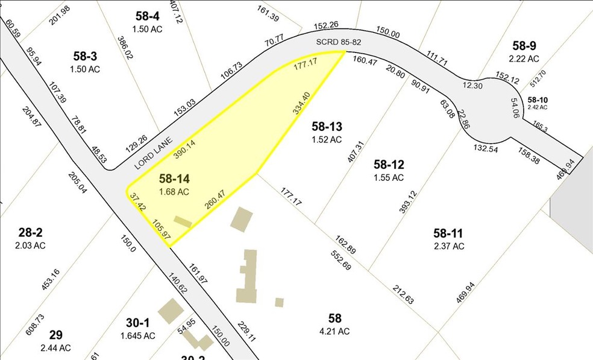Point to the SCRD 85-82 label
(x=338, y=43)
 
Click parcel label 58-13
(x=327, y=126)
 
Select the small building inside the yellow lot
(x=183, y=223)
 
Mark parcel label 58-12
(x=388, y=164)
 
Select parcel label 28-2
(x=32, y=233)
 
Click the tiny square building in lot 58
(x=278, y=302)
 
